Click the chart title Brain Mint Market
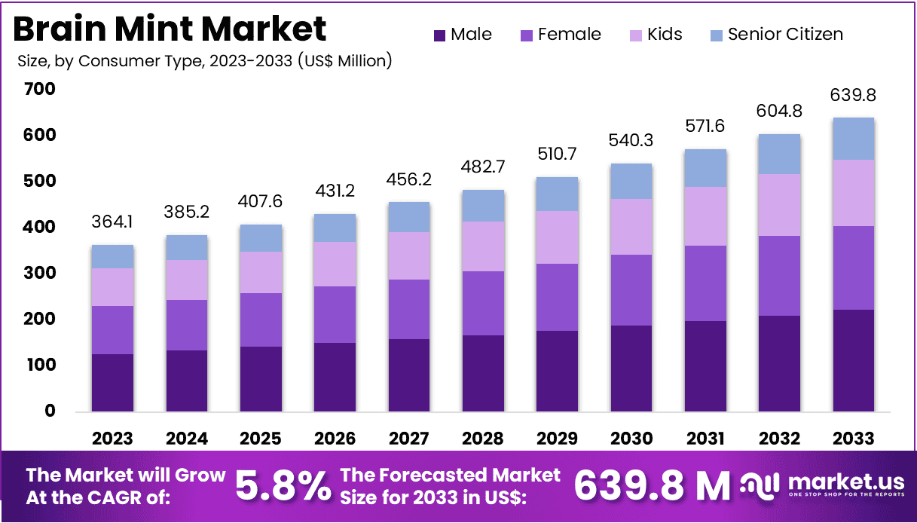click(x=170, y=29)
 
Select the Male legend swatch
click(x=439, y=35)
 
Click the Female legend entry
click(x=561, y=35)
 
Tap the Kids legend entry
click(x=656, y=35)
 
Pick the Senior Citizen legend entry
click(x=776, y=35)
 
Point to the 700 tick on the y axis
click(x=39, y=89)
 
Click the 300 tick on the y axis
click(x=39, y=273)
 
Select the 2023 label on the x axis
click(x=112, y=439)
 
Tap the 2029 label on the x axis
click(x=557, y=439)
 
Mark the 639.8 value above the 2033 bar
click(x=854, y=96)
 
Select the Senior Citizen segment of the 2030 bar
click(x=631, y=181)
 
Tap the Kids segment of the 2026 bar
click(x=335, y=264)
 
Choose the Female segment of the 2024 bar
click(x=186, y=325)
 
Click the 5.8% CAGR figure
click(x=283, y=485)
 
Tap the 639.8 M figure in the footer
click(x=652, y=485)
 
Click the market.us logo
click(x=821, y=485)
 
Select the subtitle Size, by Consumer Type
click(x=204, y=60)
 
